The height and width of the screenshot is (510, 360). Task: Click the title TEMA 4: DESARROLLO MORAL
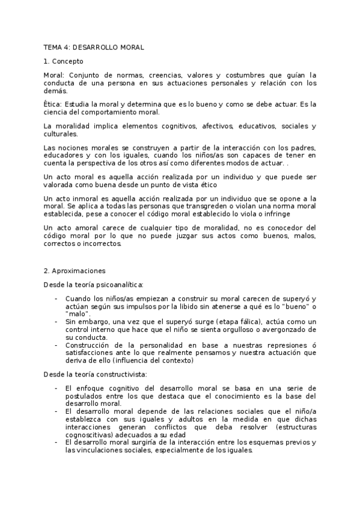pos(94,47)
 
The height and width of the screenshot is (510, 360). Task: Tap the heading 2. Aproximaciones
pos(75,271)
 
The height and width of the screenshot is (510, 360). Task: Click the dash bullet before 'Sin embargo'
pos(56,321)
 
